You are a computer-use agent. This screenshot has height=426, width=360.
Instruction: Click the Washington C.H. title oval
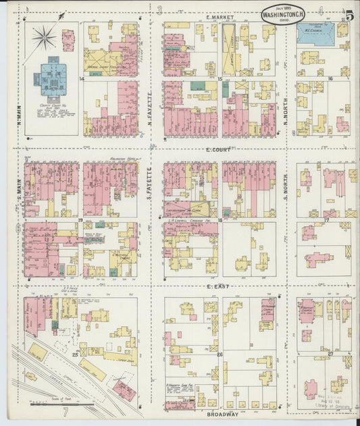click(x=282, y=13)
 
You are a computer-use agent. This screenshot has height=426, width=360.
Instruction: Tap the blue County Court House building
click(x=50, y=76)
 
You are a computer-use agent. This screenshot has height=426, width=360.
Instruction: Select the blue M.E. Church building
click(x=316, y=32)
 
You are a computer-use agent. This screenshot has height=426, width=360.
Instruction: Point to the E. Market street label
click(x=220, y=16)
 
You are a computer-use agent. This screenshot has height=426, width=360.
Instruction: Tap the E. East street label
click(x=218, y=287)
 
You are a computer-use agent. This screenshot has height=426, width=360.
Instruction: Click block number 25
click(x=76, y=352)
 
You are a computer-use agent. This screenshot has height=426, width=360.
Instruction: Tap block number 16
click(x=330, y=78)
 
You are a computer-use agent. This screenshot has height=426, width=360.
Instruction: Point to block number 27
click(x=330, y=352)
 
